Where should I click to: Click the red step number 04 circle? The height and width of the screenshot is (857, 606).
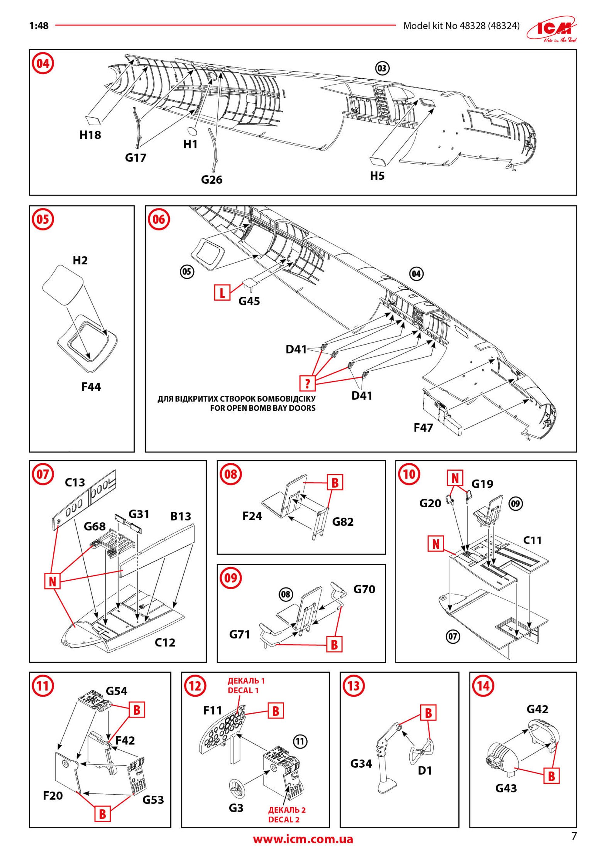point(43,63)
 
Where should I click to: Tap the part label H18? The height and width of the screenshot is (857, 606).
point(90,135)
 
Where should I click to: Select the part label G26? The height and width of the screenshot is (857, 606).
point(211,180)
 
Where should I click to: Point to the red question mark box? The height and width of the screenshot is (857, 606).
point(308,383)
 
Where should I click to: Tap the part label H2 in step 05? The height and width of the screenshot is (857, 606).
point(80,260)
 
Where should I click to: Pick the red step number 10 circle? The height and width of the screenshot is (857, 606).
point(409,474)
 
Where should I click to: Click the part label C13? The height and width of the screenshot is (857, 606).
point(75,483)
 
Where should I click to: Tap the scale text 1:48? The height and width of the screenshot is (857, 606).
point(39,26)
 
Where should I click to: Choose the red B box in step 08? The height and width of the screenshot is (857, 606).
point(335,483)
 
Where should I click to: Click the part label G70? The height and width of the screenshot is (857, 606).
point(364,589)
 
